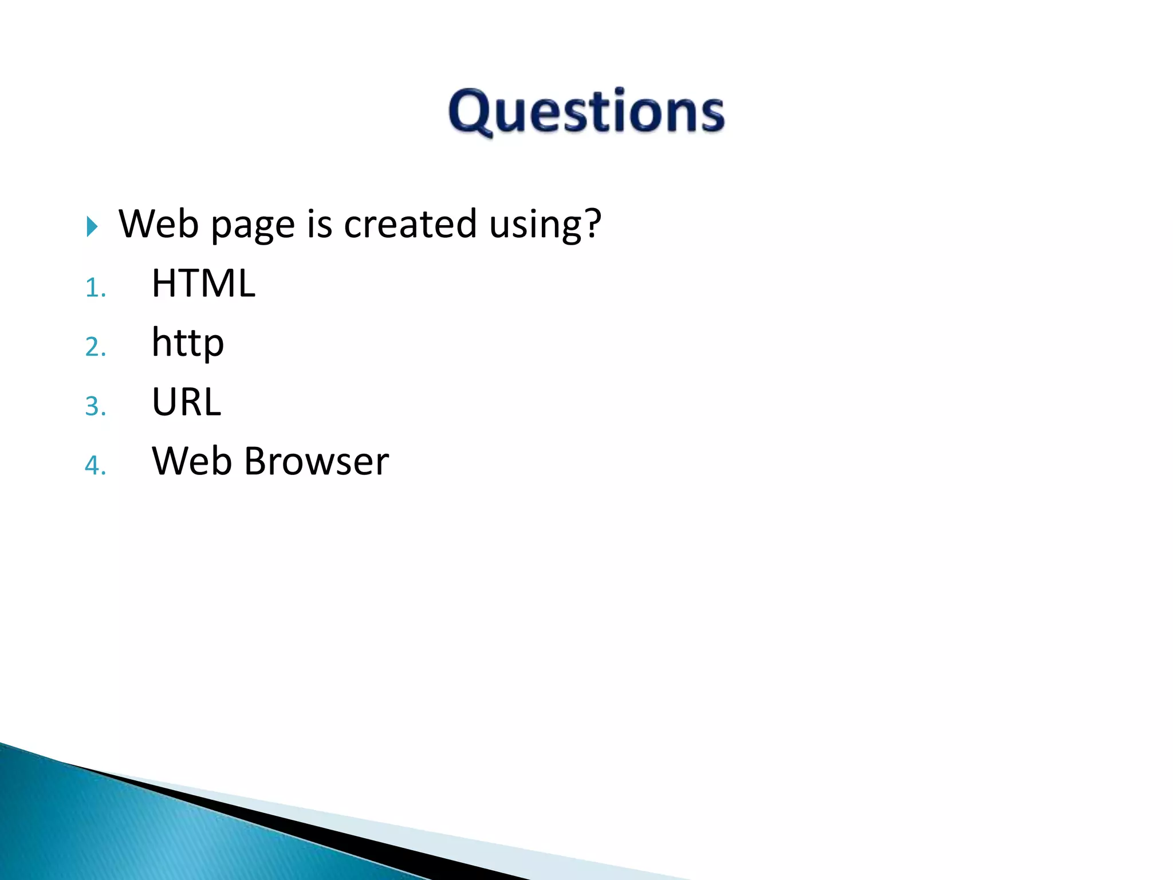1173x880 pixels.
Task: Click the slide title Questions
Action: [586, 111]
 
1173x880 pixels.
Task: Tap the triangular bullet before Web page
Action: [92, 226]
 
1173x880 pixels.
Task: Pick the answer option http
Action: [187, 343]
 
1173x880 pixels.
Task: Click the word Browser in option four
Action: [317, 461]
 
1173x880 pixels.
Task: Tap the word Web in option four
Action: [192, 461]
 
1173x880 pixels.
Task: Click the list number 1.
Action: [95, 288]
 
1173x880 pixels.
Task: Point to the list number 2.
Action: [95, 347]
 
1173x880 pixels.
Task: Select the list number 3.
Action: [95, 406]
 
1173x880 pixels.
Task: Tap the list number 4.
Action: [95, 465]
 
